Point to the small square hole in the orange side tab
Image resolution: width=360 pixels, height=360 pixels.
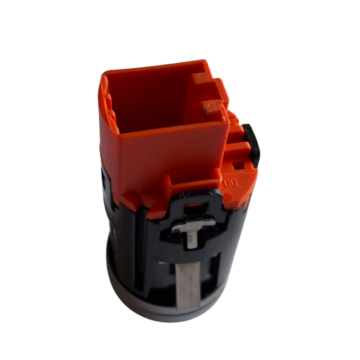tap(238, 165)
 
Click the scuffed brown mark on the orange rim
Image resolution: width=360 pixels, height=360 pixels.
tap(206, 111)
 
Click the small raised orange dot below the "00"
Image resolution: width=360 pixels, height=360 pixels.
tap(227, 196)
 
